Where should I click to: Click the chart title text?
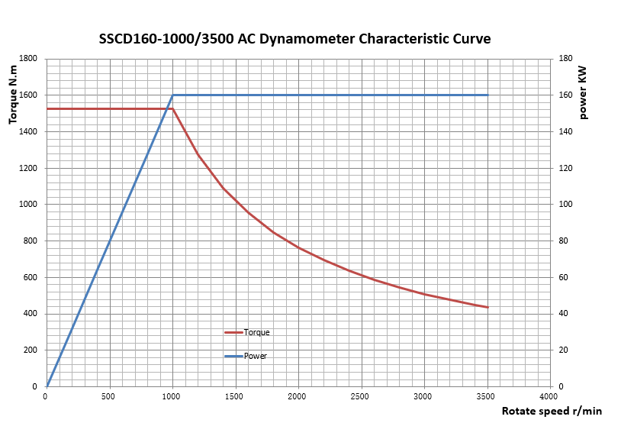point(294,39)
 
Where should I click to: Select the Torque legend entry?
point(247,332)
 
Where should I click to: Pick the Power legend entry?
point(246,356)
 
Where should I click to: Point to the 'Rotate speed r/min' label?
point(552,411)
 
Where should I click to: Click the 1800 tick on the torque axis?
point(28,59)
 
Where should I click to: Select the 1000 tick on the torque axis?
point(28,205)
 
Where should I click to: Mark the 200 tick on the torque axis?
point(31,350)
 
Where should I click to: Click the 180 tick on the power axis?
point(565,59)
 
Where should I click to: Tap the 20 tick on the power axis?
point(564,350)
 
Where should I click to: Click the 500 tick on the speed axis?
point(108,396)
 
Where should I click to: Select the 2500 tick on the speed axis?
point(360,396)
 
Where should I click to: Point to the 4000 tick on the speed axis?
point(549,396)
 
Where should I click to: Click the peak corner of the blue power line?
point(172,95)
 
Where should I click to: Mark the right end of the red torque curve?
point(487,307)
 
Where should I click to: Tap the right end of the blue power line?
point(487,95)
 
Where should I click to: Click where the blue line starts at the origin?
point(47,386)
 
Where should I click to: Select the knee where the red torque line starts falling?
point(172,109)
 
